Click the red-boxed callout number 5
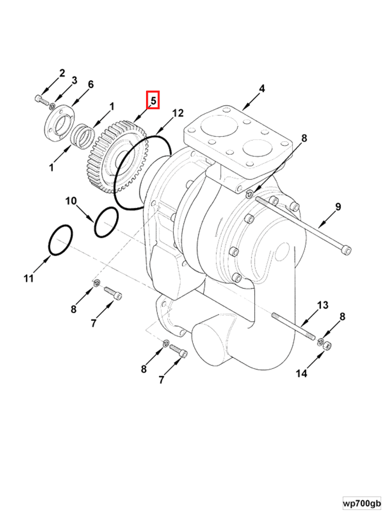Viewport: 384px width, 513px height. [x=153, y=100]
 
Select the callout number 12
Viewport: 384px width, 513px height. [x=177, y=113]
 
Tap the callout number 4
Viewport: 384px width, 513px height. [x=261, y=89]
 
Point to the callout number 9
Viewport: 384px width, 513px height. [x=338, y=206]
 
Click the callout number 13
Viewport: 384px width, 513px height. [x=322, y=305]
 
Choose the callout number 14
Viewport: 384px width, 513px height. [x=301, y=373]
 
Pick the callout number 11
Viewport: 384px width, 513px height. [x=28, y=278]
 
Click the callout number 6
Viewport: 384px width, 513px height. [x=90, y=84]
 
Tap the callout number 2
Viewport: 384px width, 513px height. [x=62, y=73]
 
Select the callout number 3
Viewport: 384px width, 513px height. [x=74, y=80]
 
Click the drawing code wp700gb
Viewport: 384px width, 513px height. [x=362, y=503]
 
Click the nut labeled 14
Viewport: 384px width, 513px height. [x=327, y=346]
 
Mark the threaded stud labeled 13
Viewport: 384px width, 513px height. [x=293, y=326]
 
